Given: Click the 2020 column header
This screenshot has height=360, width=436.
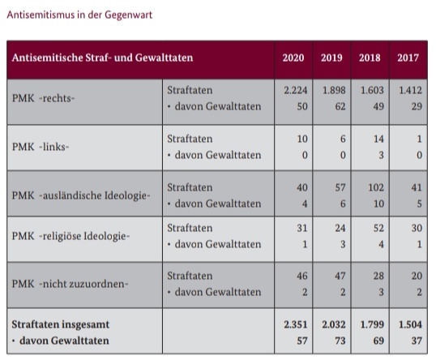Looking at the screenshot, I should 293,58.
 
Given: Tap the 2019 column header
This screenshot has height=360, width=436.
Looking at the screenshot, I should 332,58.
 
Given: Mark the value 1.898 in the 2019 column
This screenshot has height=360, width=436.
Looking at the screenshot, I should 331,91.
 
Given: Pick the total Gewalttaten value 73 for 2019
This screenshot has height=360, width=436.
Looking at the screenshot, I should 338,341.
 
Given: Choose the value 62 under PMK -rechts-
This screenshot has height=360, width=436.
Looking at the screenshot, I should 338,106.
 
